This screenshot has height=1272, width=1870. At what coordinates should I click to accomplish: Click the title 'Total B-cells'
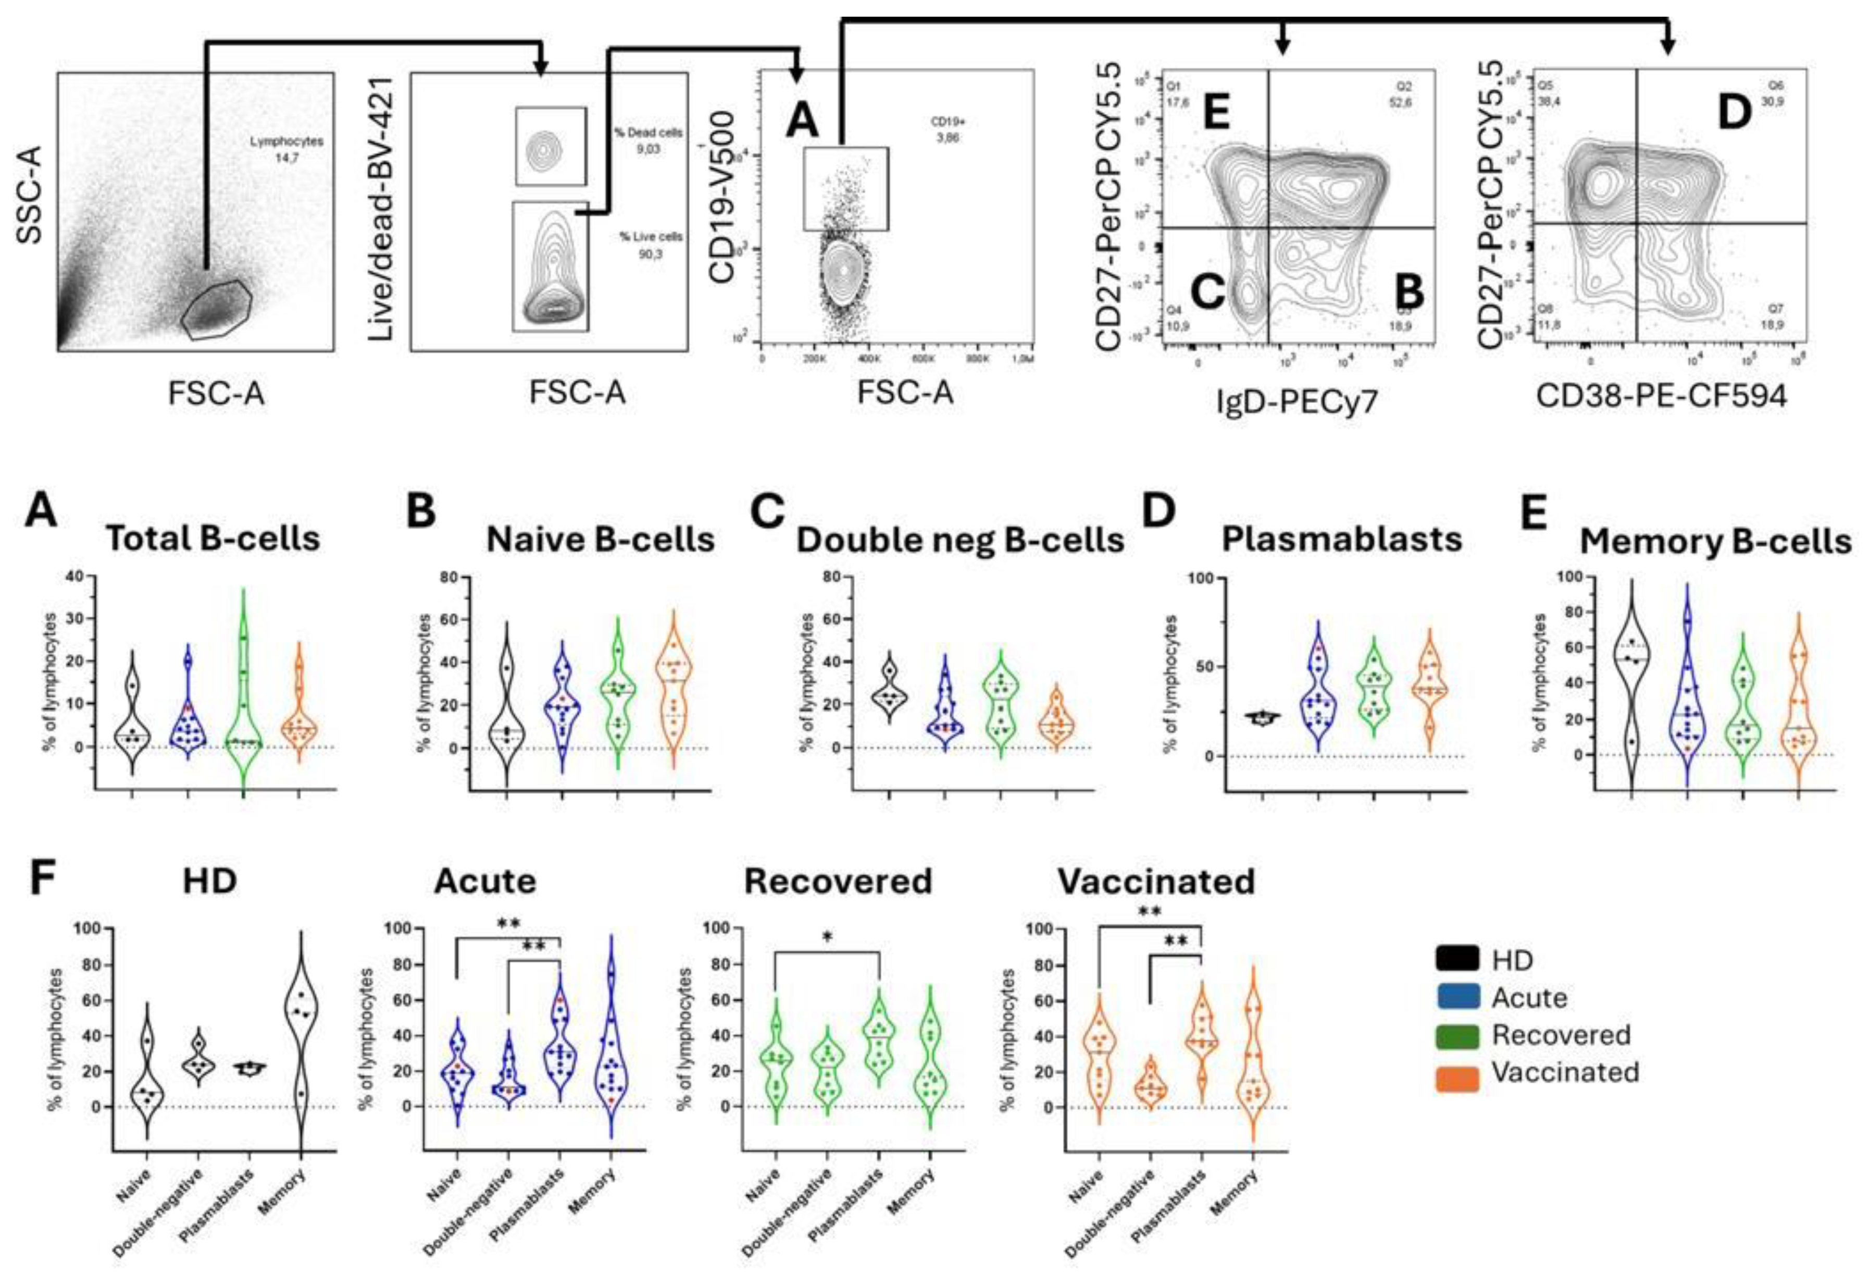click(x=213, y=539)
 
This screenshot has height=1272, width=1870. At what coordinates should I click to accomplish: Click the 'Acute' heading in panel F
click(x=484, y=882)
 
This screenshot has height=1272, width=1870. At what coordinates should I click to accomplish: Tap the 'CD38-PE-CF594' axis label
click(x=1661, y=395)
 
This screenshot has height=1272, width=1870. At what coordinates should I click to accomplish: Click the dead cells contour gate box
click(x=551, y=146)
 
